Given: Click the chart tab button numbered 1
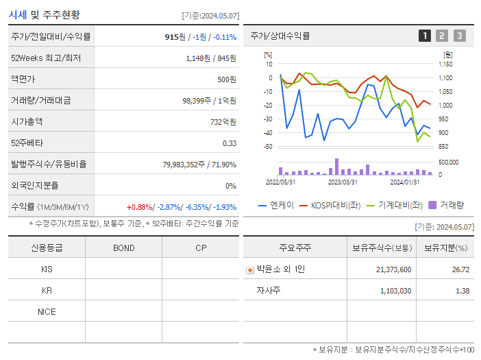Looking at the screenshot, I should coord(425,36).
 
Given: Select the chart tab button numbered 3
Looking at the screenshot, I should coord(459,36).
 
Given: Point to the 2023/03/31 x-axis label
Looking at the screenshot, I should coord(343,182).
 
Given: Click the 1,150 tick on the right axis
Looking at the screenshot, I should coord(445,64).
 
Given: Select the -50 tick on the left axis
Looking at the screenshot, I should coord(267,147).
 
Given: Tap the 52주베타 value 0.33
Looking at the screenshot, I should coord(229,143).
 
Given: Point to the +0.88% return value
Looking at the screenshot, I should coord(140,206).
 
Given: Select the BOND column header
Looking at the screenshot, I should coord(123,248).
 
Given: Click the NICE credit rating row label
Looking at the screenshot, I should coord(47,311).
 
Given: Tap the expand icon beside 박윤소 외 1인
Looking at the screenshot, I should coord(250,269).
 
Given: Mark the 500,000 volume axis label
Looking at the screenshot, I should coord(449,162).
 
